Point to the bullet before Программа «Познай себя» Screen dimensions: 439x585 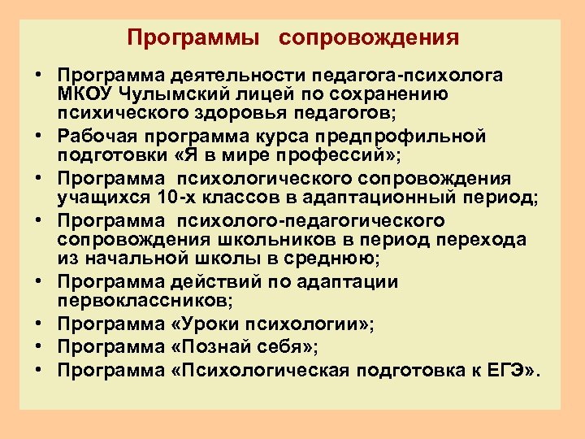pos(39,348)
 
